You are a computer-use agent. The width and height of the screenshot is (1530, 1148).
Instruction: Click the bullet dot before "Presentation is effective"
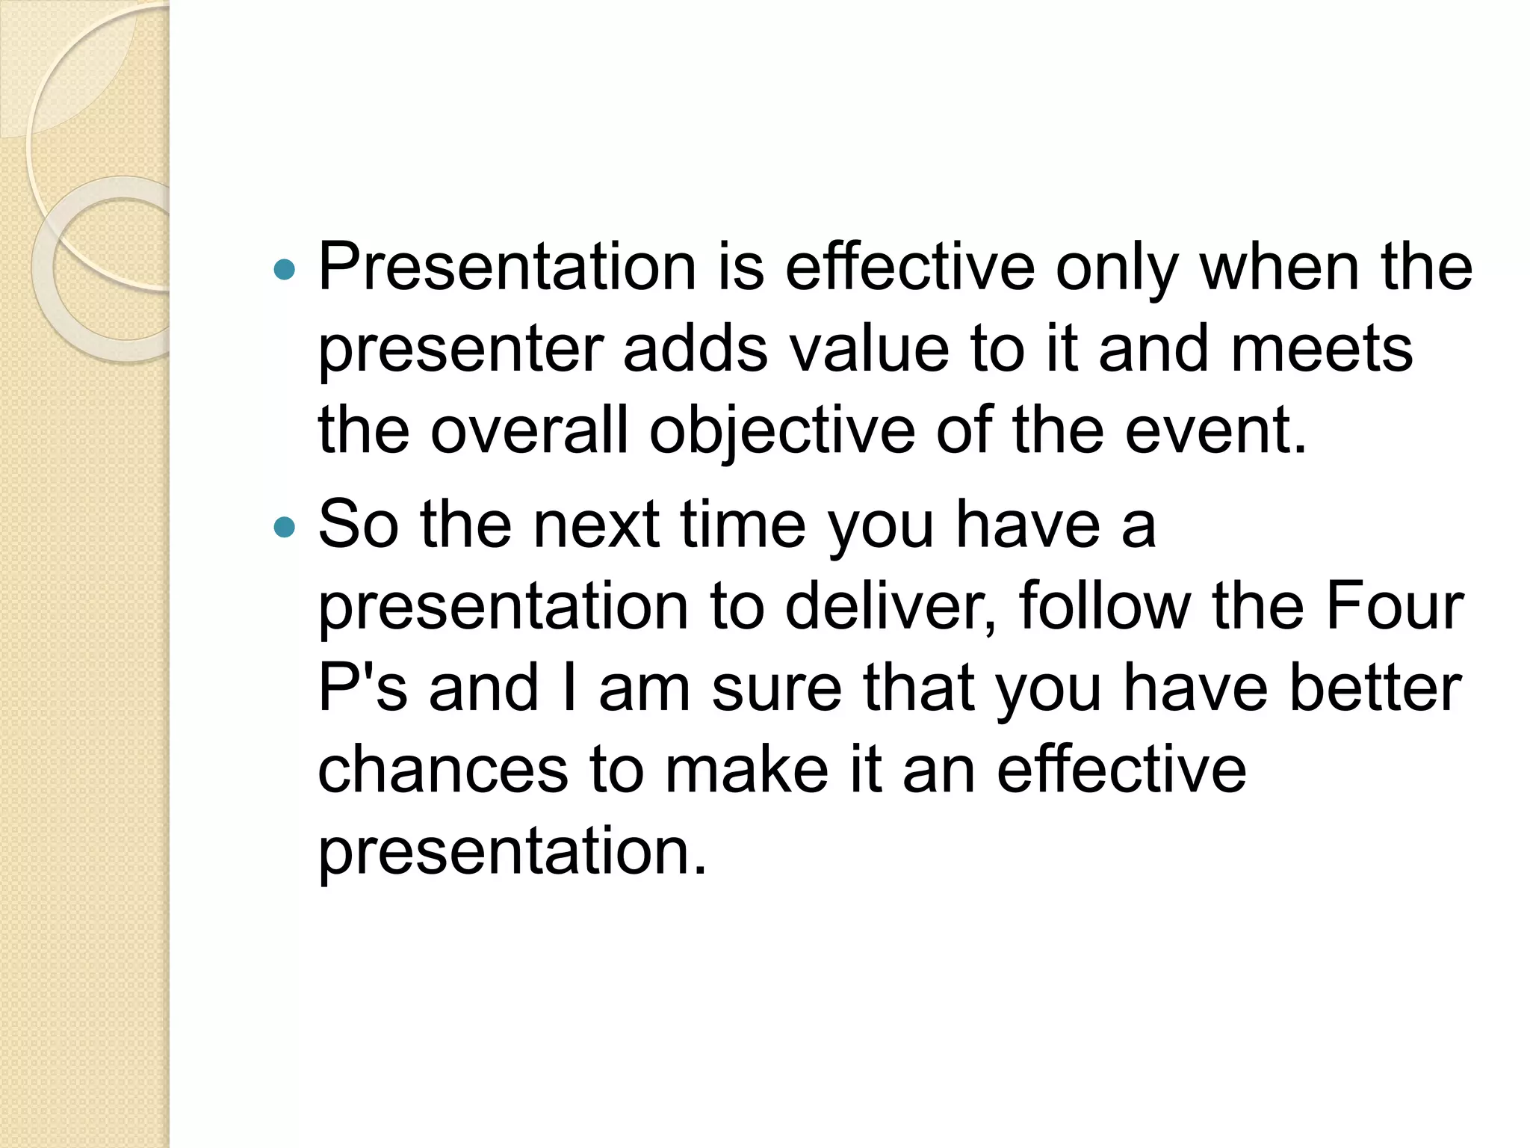click(x=285, y=269)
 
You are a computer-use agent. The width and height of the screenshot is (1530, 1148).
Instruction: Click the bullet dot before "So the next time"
click(x=285, y=528)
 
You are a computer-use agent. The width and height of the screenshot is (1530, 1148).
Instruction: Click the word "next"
click(x=596, y=525)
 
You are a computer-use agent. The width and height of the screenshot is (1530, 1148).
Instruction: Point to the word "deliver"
click(x=890, y=606)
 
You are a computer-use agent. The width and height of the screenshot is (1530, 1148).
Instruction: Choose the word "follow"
click(x=1104, y=606)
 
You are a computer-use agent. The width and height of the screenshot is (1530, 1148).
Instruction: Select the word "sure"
click(x=776, y=689)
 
